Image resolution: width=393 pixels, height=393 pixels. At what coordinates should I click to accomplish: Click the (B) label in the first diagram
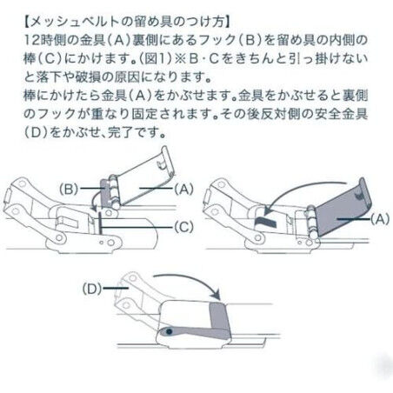click(69, 190)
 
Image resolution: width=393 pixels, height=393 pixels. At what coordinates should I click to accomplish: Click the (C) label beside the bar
click(183, 227)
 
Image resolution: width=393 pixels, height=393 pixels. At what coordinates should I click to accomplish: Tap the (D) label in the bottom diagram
click(92, 289)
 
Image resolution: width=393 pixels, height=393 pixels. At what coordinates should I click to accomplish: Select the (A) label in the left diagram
click(183, 190)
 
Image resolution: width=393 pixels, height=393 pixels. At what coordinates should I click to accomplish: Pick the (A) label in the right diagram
click(380, 219)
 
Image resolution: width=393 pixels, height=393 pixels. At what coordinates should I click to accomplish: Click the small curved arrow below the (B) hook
click(94, 203)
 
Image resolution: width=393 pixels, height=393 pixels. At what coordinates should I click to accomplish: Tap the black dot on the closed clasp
click(170, 331)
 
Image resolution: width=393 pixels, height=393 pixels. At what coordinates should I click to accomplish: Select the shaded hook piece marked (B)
click(106, 193)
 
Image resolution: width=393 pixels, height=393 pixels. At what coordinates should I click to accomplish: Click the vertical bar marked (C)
click(99, 223)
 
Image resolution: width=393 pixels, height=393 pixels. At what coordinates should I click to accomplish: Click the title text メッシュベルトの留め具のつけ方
click(128, 22)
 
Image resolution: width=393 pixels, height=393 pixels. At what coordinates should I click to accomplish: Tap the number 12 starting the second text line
click(31, 40)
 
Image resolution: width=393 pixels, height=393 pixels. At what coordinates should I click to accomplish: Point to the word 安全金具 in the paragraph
click(342, 114)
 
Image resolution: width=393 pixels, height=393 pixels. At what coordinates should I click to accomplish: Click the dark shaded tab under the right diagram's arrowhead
click(265, 221)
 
